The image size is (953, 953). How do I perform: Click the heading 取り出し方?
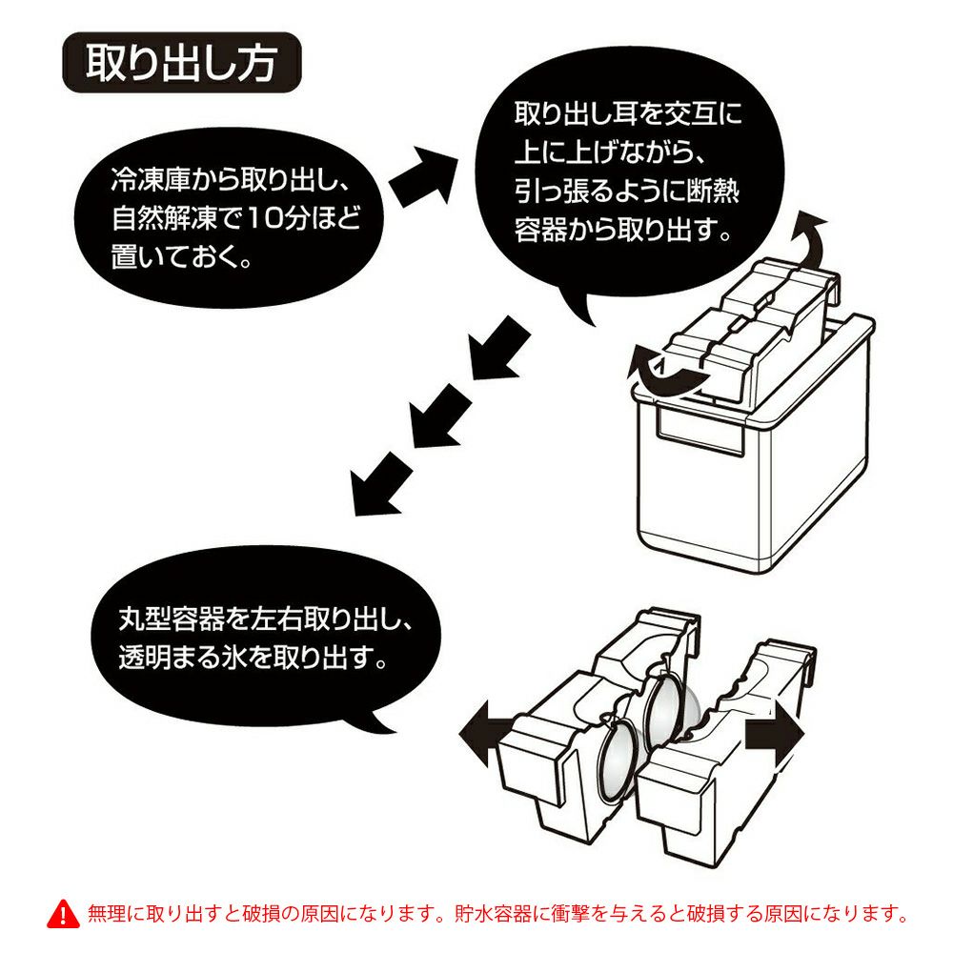coord(181,65)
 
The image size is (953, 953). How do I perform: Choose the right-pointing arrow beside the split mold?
coord(774,740)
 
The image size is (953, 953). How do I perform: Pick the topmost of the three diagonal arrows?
coord(498,347)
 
